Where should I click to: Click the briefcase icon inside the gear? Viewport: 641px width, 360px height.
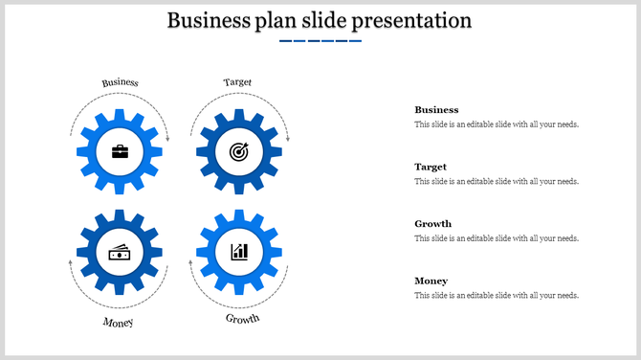(120, 151)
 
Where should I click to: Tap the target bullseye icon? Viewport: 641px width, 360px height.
(238, 151)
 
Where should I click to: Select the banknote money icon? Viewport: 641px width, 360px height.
(120, 252)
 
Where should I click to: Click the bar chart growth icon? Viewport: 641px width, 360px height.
(238, 252)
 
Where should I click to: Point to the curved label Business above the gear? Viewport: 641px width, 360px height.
(121, 82)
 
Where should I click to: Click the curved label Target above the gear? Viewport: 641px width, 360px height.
(237, 82)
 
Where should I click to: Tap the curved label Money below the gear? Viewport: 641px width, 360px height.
(119, 323)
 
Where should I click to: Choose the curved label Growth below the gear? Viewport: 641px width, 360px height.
(242, 318)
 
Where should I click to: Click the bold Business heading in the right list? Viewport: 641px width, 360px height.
(436, 110)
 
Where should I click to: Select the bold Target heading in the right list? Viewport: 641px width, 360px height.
(431, 167)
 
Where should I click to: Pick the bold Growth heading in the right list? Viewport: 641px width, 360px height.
(432, 224)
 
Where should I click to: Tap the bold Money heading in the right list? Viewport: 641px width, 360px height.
(431, 281)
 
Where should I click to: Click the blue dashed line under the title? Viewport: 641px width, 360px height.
(320, 41)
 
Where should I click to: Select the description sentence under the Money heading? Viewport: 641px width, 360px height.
(496, 296)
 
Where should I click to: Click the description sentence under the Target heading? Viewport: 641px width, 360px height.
(496, 182)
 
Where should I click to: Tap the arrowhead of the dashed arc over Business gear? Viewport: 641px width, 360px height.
(167, 140)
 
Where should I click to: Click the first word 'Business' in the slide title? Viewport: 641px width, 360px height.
(208, 20)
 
